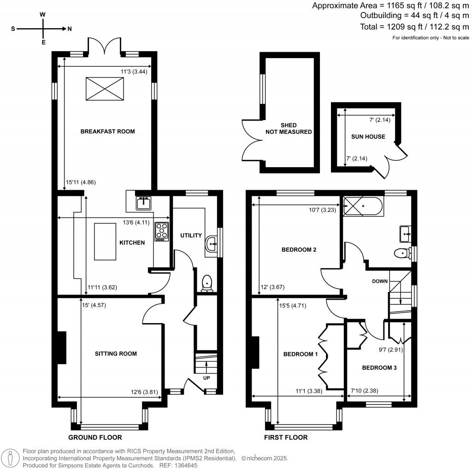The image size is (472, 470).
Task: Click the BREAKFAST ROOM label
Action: tap(107, 132)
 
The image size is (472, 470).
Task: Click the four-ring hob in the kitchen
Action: tap(161, 231)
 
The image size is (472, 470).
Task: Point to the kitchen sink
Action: tap(144, 202)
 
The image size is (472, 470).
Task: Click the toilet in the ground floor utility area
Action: tap(207, 283)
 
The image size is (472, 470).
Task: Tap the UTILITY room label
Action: tap(191, 235)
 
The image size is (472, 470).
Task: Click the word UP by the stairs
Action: tap(206, 377)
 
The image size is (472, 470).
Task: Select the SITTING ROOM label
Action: tap(116, 354)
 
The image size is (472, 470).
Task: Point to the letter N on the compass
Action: tap(70, 29)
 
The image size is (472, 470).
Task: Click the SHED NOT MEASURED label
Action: tap(289, 128)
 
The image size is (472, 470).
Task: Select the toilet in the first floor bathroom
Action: tap(402, 253)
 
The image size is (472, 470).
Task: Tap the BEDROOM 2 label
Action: tap(299, 250)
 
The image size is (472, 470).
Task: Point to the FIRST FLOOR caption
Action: tap(285, 437)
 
